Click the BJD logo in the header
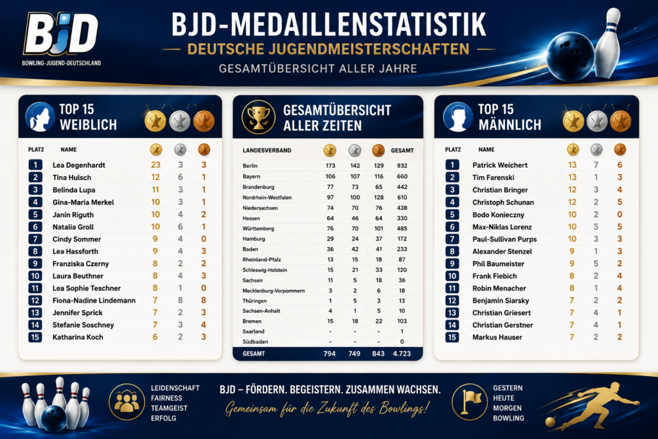(61, 39)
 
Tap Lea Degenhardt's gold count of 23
(156, 165)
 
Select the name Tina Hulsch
(72, 177)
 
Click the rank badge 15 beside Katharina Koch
(35, 337)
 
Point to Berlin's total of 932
(402, 166)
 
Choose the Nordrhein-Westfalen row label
(267, 197)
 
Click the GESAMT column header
(402, 150)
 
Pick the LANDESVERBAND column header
(267, 150)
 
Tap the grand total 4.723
(402, 354)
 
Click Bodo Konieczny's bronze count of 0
(619, 215)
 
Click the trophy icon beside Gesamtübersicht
(258, 117)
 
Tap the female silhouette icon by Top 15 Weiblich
(40, 117)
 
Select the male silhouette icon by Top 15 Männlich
(458, 117)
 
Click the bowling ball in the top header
(570, 55)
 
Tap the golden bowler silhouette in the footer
(592, 404)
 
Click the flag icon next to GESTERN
(470, 402)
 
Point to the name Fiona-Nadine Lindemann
(94, 301)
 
